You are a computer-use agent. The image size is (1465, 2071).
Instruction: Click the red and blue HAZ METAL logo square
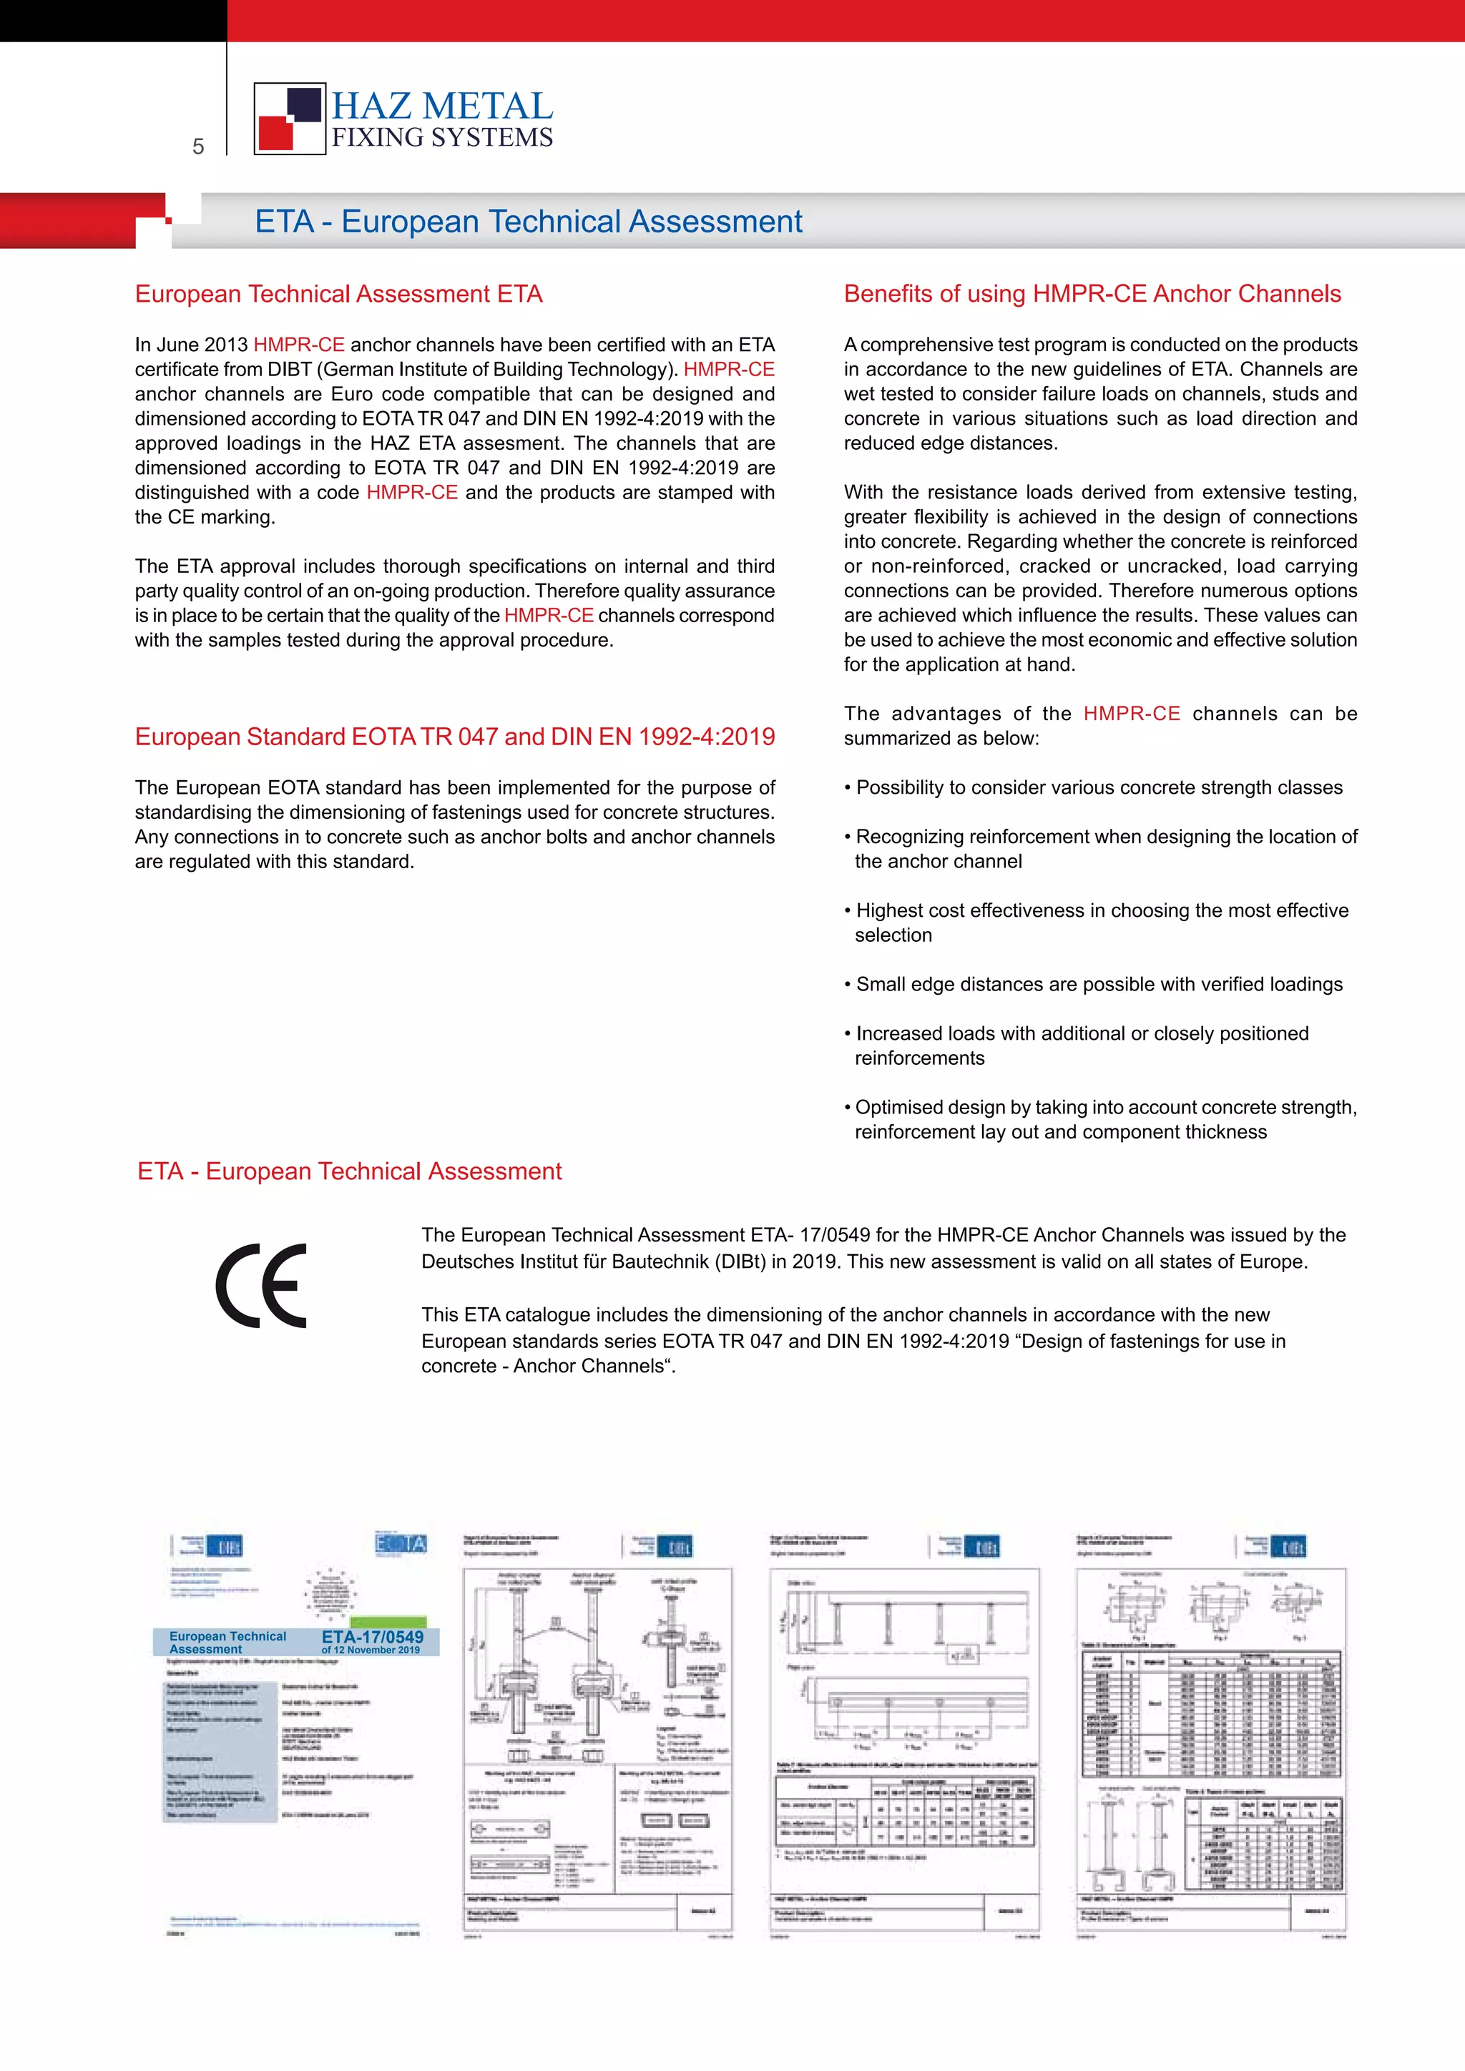290,118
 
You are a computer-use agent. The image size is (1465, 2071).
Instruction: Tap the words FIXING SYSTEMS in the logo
442,138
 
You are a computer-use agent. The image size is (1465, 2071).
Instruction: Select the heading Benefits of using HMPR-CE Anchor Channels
1092,294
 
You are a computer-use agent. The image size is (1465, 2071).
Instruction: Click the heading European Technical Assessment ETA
338,294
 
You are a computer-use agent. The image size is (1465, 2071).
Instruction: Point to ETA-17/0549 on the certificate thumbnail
372,1636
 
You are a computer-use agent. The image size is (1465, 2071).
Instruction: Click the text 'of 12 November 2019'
370,1650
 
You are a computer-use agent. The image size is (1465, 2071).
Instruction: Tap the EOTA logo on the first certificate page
401,1543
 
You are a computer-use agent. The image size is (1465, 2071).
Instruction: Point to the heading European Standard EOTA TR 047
455,737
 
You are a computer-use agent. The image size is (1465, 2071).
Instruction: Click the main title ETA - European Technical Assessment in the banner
528,222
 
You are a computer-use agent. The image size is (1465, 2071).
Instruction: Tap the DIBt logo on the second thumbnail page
674,1548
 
